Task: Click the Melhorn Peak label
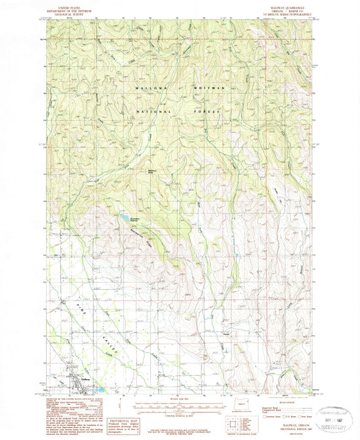(x=155, y=171)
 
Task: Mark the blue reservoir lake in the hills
(x=126, y=218)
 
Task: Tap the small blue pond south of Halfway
(x=101, y=390)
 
